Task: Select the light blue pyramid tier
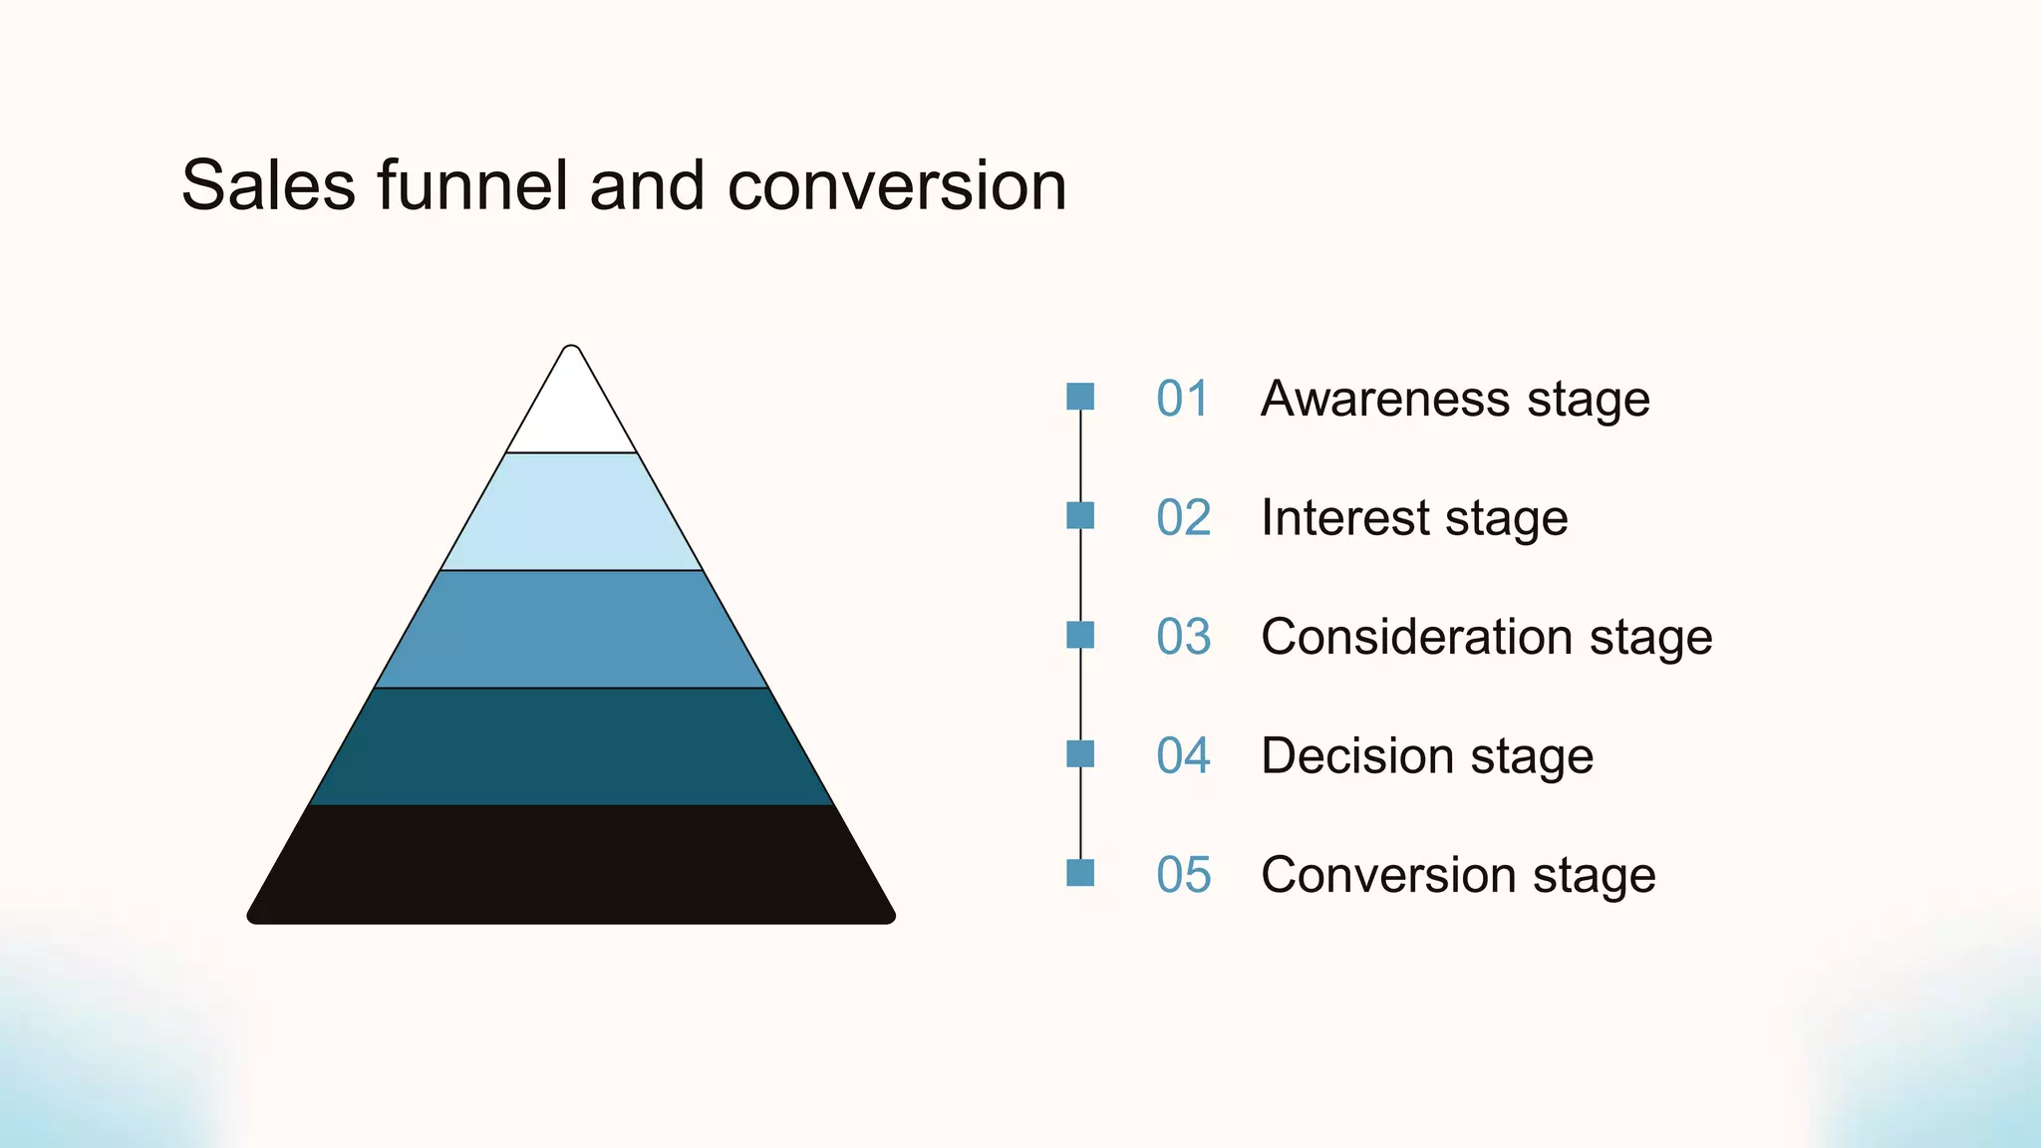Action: (x=571, y=512)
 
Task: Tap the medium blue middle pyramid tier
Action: (x=571, y=630)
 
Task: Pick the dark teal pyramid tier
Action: (x=571, y=747)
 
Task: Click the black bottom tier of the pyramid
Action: (x=571, y=865)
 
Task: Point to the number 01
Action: (x=1183, y=399)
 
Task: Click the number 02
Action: (x=1183, y=518)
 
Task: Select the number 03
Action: (x=1183, y=637)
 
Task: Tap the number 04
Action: (x=1183, y=755)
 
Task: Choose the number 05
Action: (x=1183, y=875)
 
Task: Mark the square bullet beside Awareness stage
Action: (x=1080, y=397)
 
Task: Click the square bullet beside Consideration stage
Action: (x=1080, y=635)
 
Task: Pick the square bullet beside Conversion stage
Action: (x=1080, y=873)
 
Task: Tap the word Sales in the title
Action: (x=268, y=185)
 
